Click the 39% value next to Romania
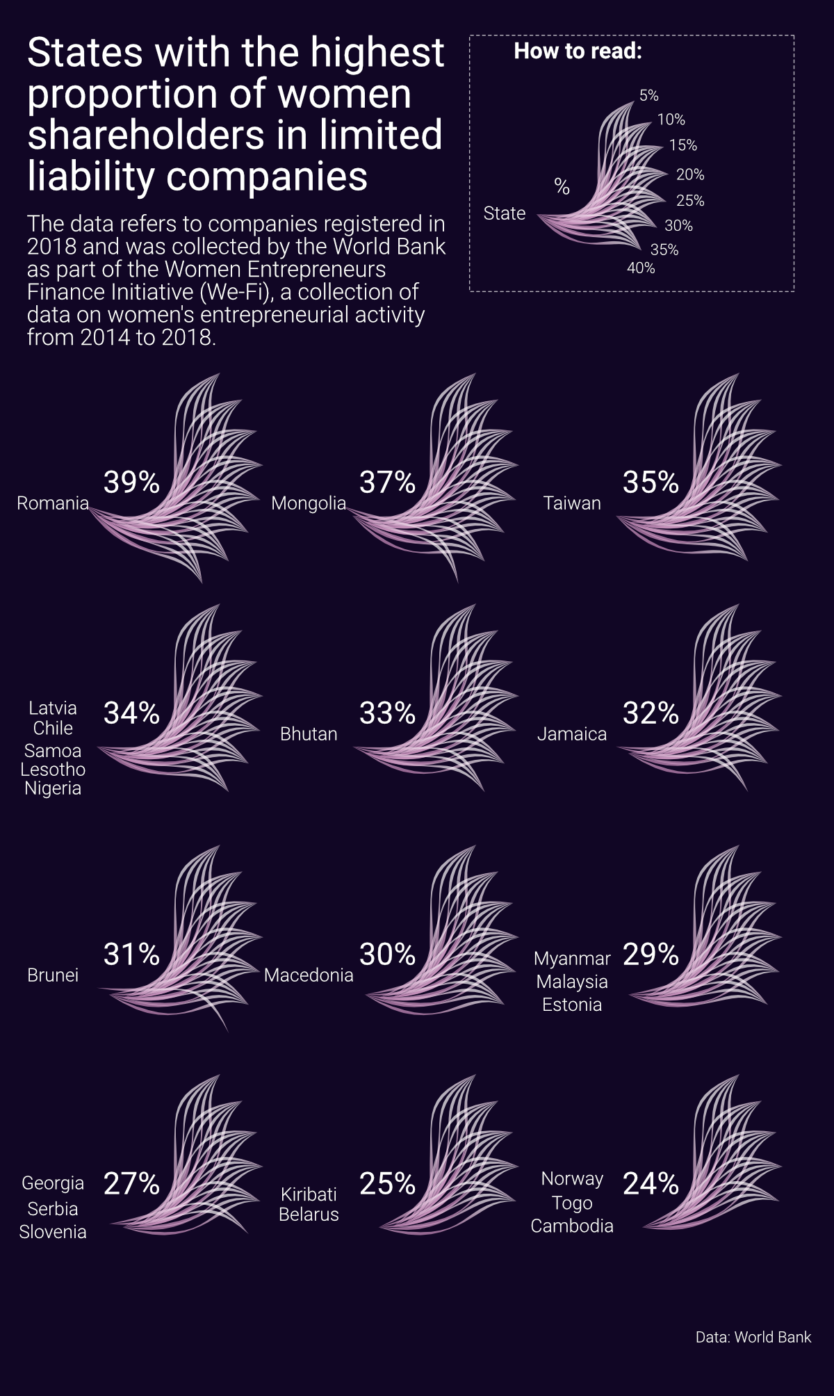(131, 482)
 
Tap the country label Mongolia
(309, 503)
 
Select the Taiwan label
(572, 503)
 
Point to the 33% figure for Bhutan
(387, 713)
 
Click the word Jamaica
(572, 733)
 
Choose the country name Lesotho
(53, 770)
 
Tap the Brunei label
(53, 975)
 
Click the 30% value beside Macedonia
(387, 954)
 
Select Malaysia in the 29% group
(572, 982)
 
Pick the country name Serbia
(53, 1209)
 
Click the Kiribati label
(309, 1194)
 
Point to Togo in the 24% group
(572, 1203)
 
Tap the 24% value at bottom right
(651, 1183)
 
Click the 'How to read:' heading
(578, 51)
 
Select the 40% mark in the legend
(641, 268)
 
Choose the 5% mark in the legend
(648, 95)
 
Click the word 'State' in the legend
(505, 213)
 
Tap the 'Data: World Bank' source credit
(753, 1337)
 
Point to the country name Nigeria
(53, 788)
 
